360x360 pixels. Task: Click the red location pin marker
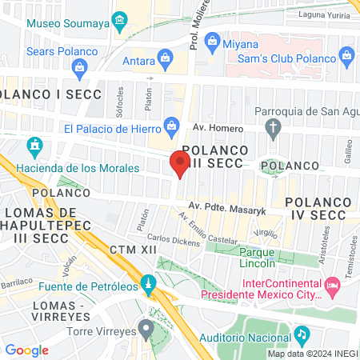click(x=179, y=163)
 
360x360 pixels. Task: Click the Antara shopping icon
click(x=165, y=58)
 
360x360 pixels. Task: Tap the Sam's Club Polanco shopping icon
click(x=346, y=55)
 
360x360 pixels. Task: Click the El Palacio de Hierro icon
click(x=170, y=125)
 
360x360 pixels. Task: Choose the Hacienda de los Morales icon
click(x=34, y=146)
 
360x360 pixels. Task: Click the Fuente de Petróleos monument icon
click(x=147, y=284)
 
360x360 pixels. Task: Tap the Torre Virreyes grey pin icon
click(x=145, y=327)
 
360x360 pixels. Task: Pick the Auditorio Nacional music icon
click(x=301, y=334)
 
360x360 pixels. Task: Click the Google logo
click(x=26, y=350)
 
